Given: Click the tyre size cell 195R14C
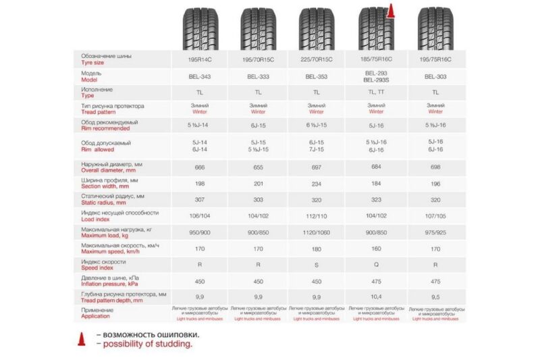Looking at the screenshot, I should coord(200,59).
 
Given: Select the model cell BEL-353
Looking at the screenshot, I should coord(317,76).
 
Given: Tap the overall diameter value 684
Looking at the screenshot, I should coord(376,167).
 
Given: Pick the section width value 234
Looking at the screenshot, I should coord(317,183).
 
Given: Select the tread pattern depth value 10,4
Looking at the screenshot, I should coord(376,297).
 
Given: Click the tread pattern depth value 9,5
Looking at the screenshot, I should coord(435,297).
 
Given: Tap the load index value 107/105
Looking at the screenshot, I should coord(435,216).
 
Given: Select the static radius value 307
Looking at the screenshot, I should coord(200,200).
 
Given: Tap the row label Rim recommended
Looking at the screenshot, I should coord(107,128).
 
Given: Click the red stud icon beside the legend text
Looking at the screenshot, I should coord(81,339).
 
